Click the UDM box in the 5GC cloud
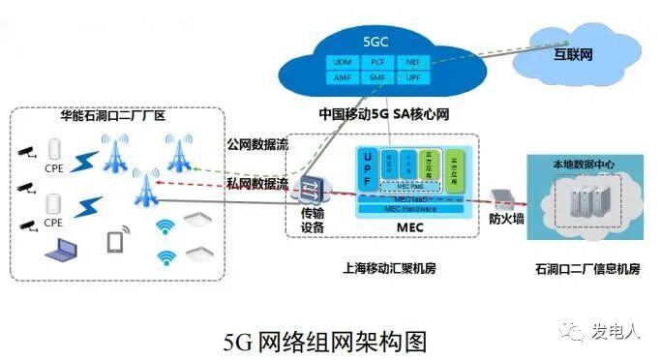(x=342, y=62)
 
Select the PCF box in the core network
(x=376, y=62)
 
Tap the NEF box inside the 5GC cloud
(x=412, y=62)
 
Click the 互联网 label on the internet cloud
(x=573, y=54)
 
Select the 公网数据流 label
(x=257, y=148)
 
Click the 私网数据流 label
(x=257, y=182)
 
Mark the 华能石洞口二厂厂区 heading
(x=112, y=116)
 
